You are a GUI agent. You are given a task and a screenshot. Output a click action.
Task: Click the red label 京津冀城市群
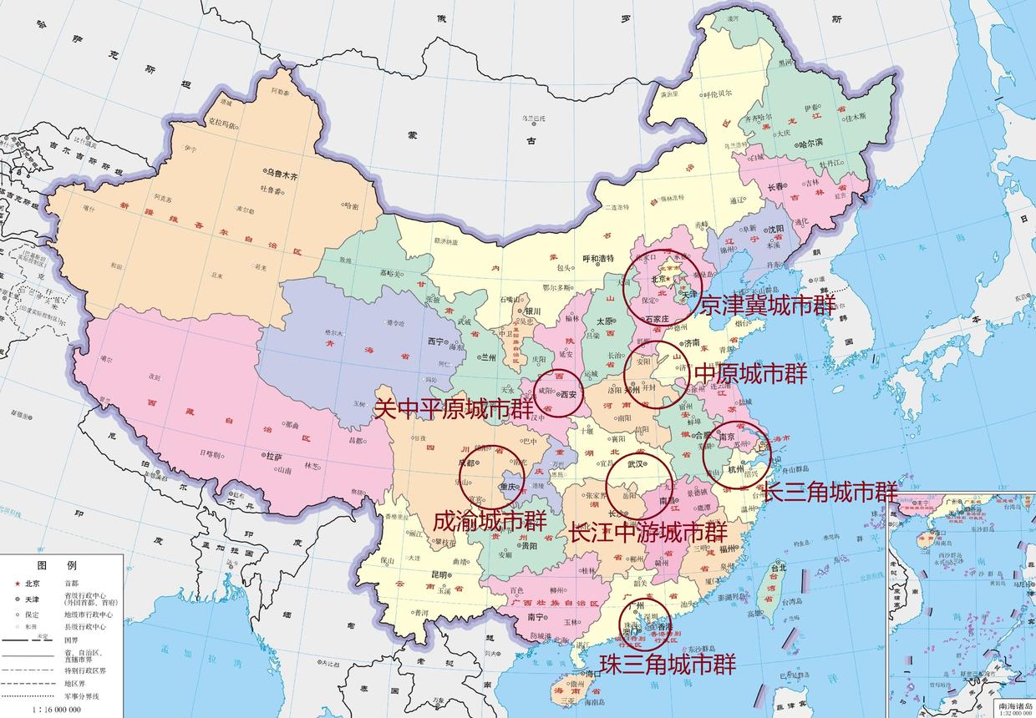pyautogui.click(x=767, y=306)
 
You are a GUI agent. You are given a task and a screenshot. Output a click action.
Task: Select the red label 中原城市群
pyautogui.click(x=751, y=373)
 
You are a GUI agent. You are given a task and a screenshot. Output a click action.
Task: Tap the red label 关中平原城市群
pyautogui.click(x=453, y=409)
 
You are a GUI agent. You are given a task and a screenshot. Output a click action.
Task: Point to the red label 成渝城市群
pyautogui.click(x=490, y=521)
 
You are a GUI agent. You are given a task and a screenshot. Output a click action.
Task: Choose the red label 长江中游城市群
pyautogui.click(x=647, y=532)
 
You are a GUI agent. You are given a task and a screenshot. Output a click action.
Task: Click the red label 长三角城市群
pyautogui.click(x=831, y=492)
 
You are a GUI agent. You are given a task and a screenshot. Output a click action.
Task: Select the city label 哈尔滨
pyautogui.click(x=810, y=144)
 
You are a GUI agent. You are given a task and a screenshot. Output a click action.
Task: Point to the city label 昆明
pyautogui.click(x=439, y=575)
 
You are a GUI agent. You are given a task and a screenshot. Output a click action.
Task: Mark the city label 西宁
pyautogui.click(x=434, y=341)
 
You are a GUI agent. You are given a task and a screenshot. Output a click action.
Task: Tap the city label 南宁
pyautogui.click(x=536, y=618)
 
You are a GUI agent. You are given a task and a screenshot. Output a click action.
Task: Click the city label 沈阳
pyautogui.click(x=775, y=229)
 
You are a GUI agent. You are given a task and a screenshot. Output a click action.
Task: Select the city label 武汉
pyautogui.click(x=637, y=464)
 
